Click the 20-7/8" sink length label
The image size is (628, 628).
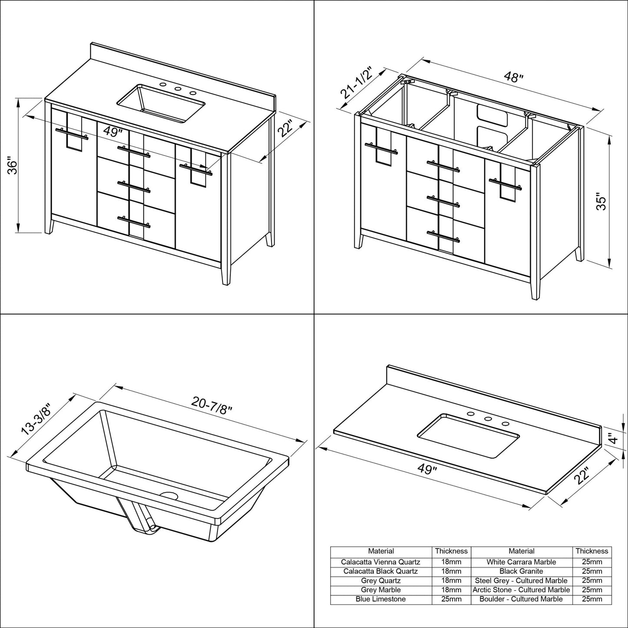click(212, 406)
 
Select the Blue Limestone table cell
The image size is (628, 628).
click(381, 599)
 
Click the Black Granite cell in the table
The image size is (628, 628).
click(521, 572)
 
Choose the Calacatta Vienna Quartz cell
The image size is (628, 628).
click(381, 562)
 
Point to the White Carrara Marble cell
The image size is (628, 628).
click(521, 562)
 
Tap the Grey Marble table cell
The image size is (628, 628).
click(381, 590)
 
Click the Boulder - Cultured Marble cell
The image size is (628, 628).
click(521, 599)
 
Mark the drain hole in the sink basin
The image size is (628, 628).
click(169, 495)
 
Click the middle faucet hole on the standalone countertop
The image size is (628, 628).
click(488, 419)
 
